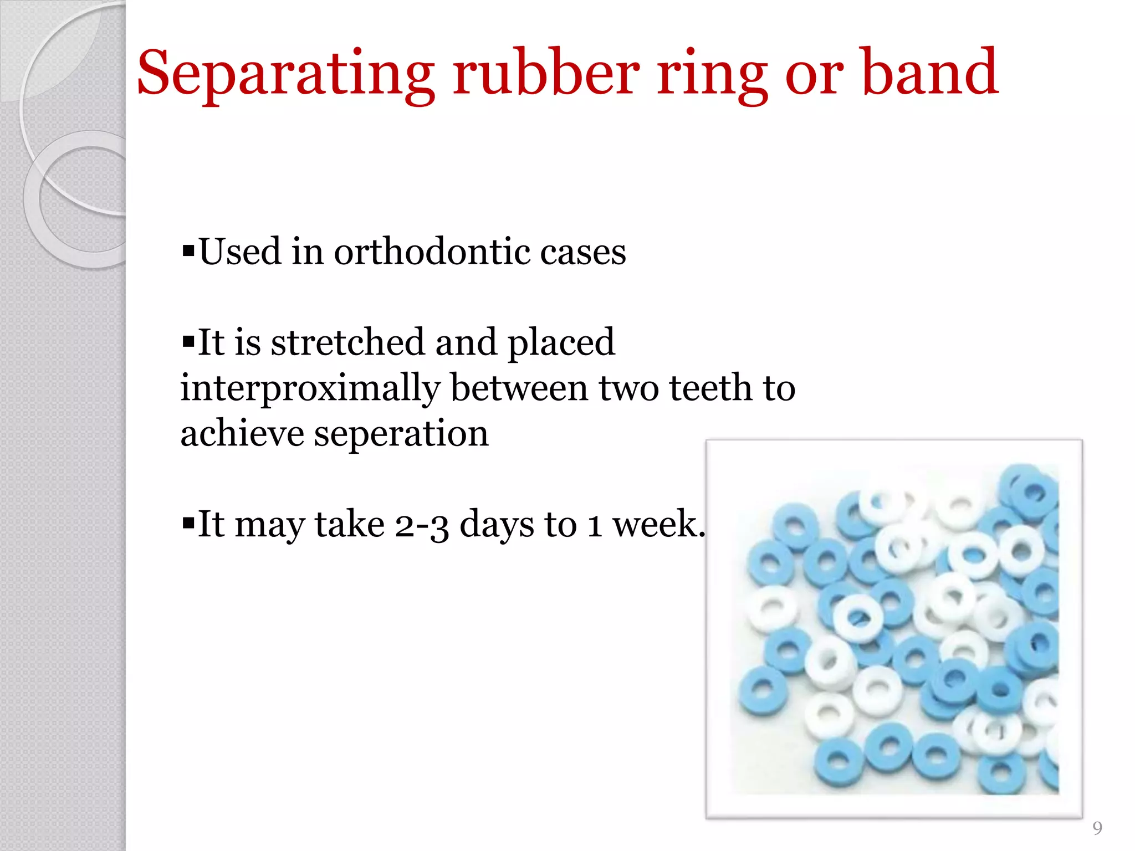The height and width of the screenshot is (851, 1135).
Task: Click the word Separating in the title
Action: (285, 75)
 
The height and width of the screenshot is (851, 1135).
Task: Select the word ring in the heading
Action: (712, 75)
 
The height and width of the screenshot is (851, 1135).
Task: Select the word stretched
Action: (347, 342)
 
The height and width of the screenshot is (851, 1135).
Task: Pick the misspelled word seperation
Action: (401, 434)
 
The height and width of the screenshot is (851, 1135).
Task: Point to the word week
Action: (657, 524)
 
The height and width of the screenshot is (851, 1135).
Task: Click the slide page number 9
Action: (1097, 828)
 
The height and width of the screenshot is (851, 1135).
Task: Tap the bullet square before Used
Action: (188, 252)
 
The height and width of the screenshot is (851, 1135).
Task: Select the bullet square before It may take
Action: (188, 523)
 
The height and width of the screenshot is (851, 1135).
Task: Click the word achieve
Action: (242, 433)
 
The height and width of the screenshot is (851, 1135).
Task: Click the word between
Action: (519, 388)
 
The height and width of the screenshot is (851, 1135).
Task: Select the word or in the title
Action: (814, 75)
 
